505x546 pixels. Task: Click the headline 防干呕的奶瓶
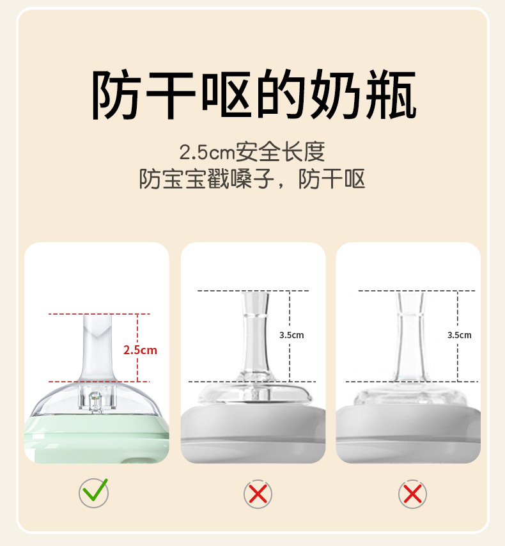pyautogui.click(x=254, y=94)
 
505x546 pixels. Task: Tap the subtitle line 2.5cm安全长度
pyautogui.click(x=252, y=152)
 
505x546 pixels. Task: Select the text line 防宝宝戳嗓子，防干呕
pyautogui.click(x=252, y=179)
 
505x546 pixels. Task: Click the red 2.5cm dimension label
pyautogui.click(x=140, y=350)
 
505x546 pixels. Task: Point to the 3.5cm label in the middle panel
pyautogui.click(x=291, y=335)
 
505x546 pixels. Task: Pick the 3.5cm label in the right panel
pyautogui.click(x=460, y=335)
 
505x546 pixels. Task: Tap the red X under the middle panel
pyautogui.click(x=258, y=494)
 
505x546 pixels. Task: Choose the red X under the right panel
pyautogui.click(x=412, y=494)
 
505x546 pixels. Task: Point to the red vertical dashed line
pyautogui.click(x=137, y=348)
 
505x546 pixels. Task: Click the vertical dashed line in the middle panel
pyautogui.click(x=290, y=336)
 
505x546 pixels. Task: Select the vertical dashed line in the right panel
pyautogui.click(x=458, y=336)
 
